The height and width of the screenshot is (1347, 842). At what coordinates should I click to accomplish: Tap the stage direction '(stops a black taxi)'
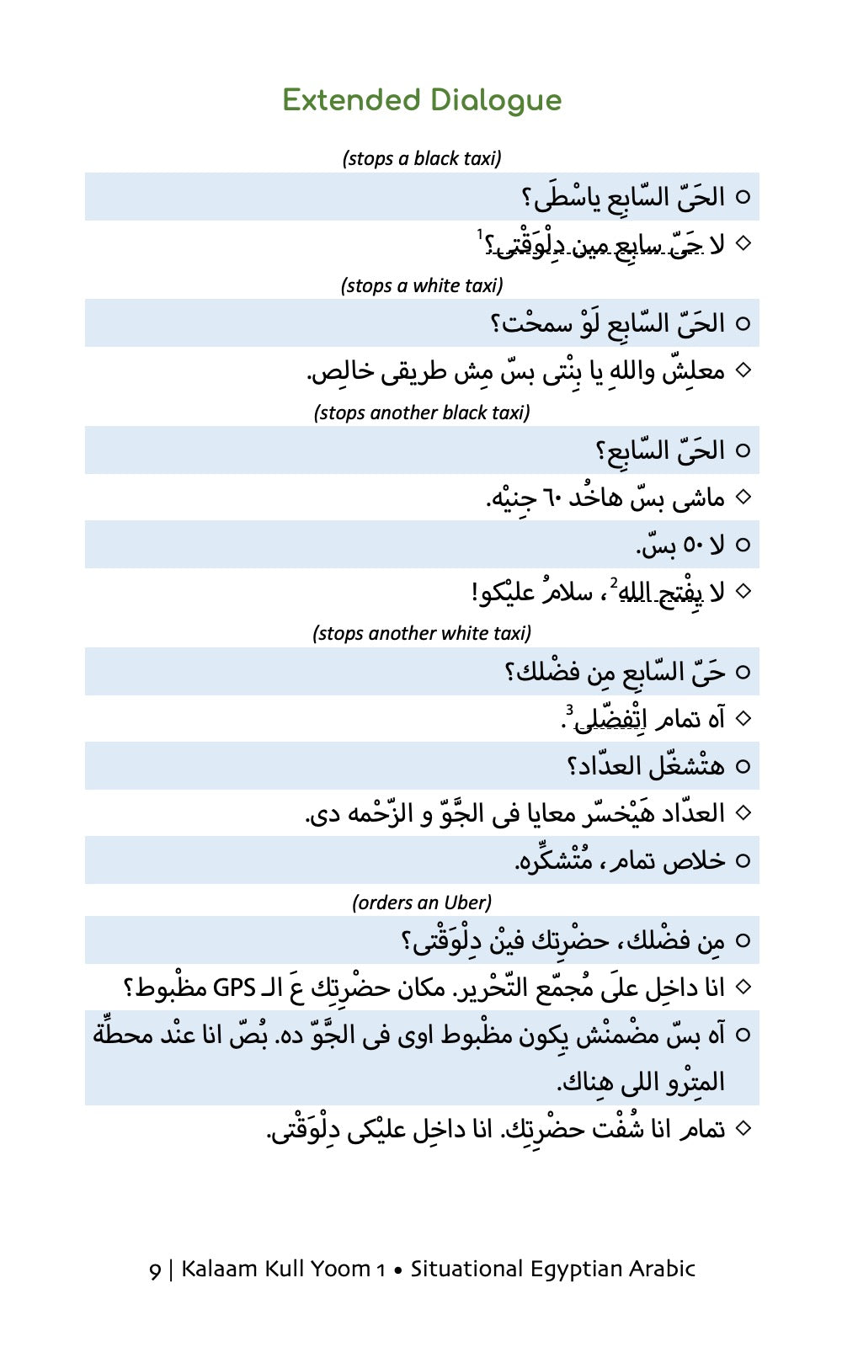click(422, 158)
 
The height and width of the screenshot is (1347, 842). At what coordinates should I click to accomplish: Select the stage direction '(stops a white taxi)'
click(422, 285)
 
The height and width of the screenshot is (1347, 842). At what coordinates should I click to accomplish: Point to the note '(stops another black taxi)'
click(422, 413)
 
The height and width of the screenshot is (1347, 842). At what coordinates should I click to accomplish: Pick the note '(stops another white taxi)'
click(422, 633)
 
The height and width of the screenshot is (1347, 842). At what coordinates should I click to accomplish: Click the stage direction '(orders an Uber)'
click(422, 902)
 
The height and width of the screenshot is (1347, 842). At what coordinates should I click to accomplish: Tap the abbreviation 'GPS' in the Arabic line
click(234, 988)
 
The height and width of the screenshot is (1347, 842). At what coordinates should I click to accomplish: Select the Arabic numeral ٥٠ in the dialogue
click(694, 546)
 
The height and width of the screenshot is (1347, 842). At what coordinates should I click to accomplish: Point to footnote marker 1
click(479, 233)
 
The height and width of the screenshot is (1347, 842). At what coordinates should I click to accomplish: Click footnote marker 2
click(614, 583)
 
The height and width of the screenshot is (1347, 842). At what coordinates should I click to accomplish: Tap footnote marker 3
click(569, 710)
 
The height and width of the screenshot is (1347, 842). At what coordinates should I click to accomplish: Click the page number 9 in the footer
click(155, 1270)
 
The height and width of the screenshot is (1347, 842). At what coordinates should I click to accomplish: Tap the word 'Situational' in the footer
click(461, 1269)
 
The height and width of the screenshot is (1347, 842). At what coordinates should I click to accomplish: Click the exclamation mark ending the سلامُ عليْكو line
click(475, 592)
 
